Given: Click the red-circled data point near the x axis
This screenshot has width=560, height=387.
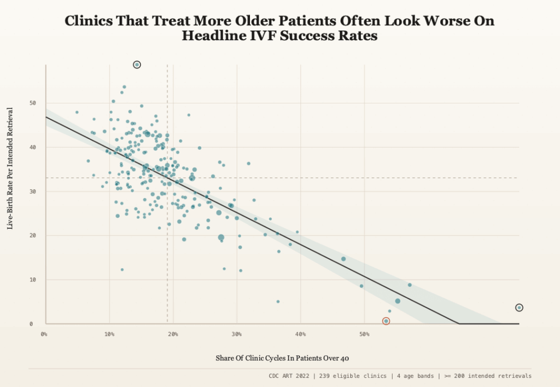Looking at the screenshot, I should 386,321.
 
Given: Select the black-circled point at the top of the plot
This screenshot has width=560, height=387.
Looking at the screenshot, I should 137,65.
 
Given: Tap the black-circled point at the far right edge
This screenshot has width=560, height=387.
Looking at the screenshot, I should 519,308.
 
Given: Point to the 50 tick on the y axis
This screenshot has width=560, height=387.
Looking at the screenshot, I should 32,103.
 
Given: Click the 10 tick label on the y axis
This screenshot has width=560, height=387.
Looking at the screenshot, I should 32,280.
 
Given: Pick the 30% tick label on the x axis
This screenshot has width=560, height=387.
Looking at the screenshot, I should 236,334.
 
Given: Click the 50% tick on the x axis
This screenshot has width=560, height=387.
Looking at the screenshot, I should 364,334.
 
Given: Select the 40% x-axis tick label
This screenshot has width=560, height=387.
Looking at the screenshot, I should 300,334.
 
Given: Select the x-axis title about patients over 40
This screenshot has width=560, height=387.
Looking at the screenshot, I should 282,358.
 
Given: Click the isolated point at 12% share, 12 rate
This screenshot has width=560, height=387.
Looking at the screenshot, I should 122,269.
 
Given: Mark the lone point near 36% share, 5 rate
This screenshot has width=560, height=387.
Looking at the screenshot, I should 278,302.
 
